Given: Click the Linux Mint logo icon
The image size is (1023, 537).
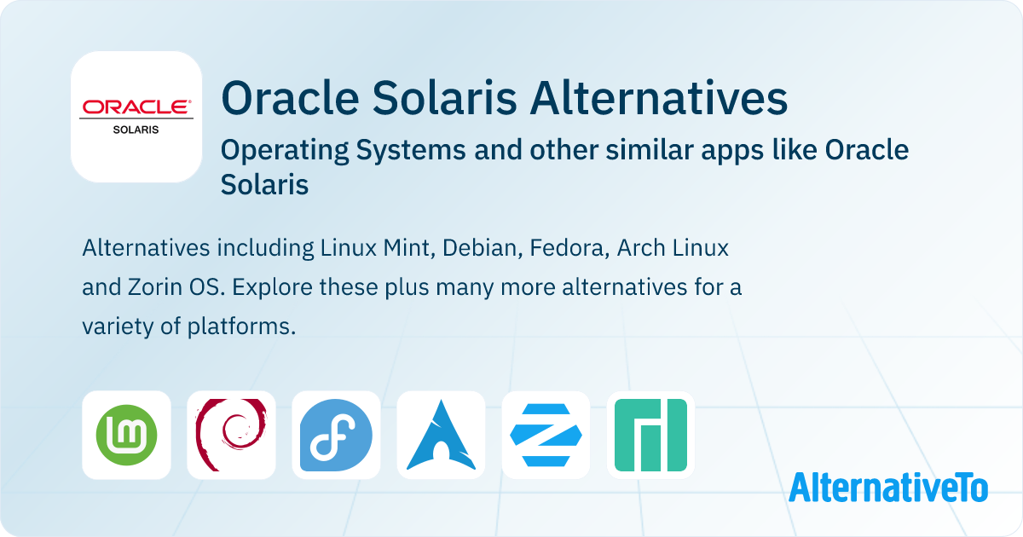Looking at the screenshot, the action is tap(126, 435).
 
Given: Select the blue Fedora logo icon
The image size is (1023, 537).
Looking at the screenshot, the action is tap(336, 435).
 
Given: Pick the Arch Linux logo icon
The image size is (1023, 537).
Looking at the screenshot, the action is tap(442, 435).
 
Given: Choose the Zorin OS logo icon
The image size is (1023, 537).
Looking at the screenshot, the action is tap(546, 435).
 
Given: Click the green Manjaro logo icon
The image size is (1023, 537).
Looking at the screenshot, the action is tap(650, 435).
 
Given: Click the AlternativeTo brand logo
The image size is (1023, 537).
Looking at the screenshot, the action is tap(888, 488).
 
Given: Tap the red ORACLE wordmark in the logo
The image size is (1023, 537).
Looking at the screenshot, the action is tap(136, 107).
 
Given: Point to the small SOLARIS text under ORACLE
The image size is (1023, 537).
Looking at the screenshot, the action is tap(136, 130).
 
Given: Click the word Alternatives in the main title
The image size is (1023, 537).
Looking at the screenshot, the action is tap(658, 98).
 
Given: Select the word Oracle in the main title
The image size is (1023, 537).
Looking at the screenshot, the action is tap(290, 98).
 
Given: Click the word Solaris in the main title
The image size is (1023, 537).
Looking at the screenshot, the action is tap(444, 98).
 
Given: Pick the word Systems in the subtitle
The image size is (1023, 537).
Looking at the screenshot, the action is tap(411, 151).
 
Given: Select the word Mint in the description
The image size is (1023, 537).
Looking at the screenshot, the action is tap(408, 248).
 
